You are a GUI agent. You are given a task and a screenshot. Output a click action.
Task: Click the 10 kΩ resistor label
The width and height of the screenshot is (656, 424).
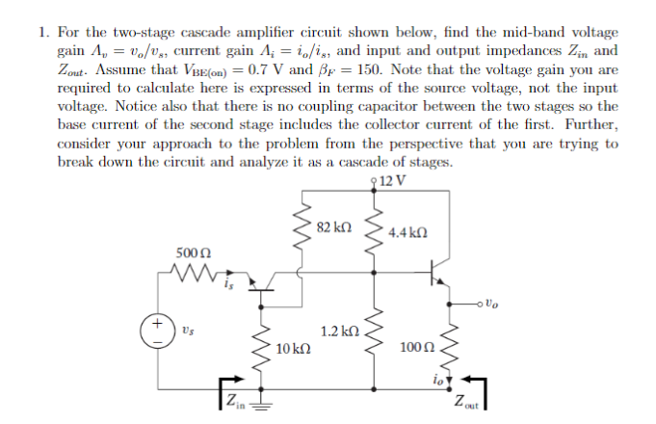[292, 348]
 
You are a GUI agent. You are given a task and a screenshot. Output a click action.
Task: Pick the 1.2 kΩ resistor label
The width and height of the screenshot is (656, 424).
[339, 331]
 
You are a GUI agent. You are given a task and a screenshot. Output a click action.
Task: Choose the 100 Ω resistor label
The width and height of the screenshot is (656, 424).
[416, 344]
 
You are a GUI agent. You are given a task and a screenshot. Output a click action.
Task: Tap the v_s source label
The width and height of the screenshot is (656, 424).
[182, 331]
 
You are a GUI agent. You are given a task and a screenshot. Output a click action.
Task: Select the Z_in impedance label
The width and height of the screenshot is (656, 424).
[234, 398]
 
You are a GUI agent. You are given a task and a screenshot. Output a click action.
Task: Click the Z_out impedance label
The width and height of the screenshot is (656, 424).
[468, 402]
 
